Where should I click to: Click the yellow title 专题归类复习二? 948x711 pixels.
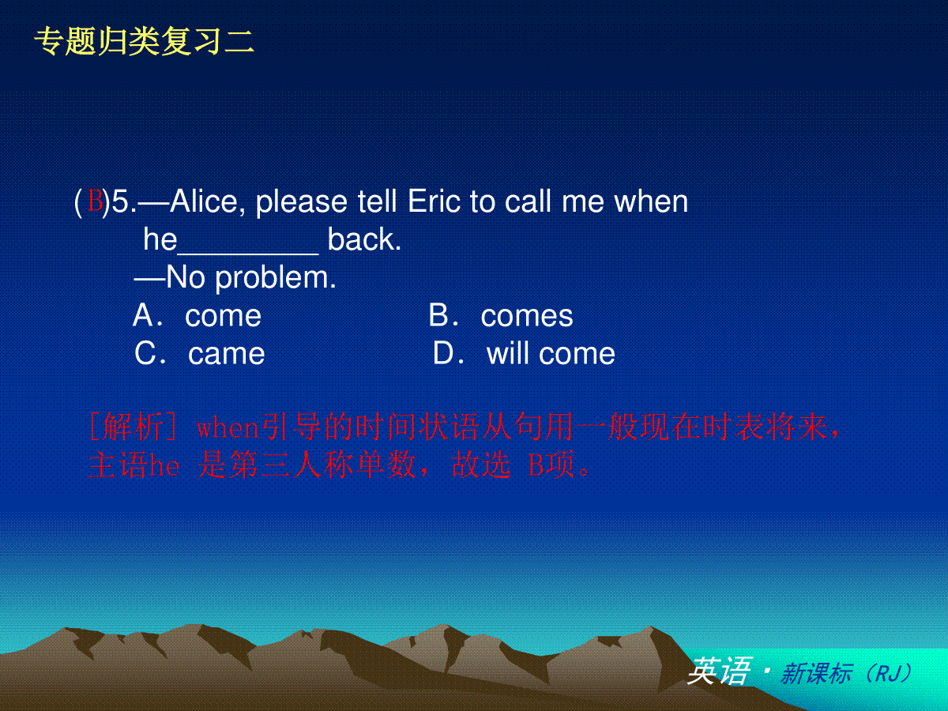point(144,41)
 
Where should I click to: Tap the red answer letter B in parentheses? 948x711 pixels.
point(95,201)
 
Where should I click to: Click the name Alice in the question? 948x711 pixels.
point(204,201)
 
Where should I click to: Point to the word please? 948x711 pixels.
point(302,202)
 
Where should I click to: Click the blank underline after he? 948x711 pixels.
point(248,254)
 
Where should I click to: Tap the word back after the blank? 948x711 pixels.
point(364,239)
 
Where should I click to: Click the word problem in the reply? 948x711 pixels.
point(275,277)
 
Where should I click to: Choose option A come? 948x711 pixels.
point(197,315)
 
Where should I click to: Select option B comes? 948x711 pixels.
point(501,315)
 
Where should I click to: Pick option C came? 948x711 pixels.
point(200,354)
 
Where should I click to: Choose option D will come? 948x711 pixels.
point(524,354)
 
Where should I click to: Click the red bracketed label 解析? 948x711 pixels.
point(133,427)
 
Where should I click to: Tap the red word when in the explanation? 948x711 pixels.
point(228,428)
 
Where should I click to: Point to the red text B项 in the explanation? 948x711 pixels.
point(551,465)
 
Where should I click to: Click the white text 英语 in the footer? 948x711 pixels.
point(720,671)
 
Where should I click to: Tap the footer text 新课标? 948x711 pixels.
point(817,673)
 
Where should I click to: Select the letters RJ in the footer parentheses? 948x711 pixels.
point(888,673)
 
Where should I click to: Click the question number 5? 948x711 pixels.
point(121,201)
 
